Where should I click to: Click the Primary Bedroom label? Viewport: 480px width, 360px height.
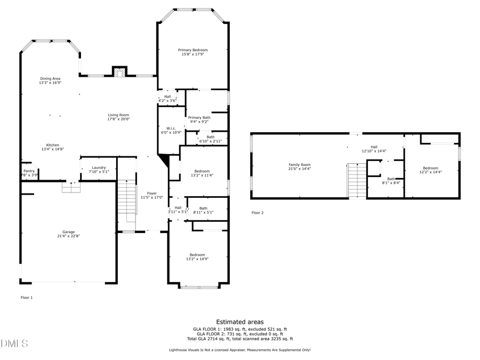coord(193,50)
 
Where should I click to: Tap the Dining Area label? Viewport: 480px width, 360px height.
coord(50,78)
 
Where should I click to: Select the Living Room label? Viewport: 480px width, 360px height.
coord(119,115)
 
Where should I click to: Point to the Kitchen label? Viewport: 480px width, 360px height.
coord(52,145)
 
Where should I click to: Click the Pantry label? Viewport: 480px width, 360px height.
coord(29,171)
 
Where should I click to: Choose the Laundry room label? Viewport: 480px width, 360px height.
coord(99,167)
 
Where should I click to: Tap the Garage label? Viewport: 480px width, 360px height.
coord(68,231)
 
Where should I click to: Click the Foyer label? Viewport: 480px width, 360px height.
coord(152,193)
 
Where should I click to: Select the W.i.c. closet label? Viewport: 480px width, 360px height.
coord(171,128)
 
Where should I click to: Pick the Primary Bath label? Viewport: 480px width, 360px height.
coord(199,117)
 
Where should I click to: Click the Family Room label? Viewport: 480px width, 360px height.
coord(299,165)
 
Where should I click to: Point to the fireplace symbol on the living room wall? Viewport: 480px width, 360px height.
coord(120,72)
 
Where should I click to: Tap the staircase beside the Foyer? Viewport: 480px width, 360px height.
coord(127,200)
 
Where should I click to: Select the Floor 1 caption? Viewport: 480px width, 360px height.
coord(27,297)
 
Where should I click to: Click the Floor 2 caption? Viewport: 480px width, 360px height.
coord(258,212)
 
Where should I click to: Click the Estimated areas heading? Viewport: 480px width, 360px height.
coord(239,322)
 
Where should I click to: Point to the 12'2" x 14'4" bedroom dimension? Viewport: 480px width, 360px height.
coord(430,172)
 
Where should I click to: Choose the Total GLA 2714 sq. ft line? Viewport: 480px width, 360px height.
coord(239,339)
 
